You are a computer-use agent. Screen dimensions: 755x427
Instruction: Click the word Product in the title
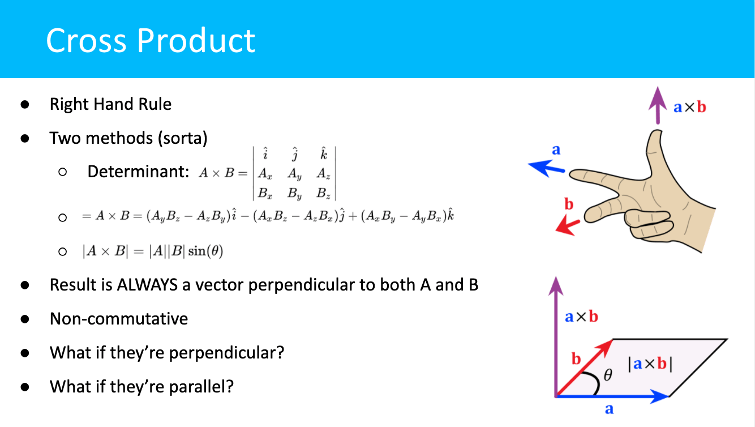(x=196, y=40)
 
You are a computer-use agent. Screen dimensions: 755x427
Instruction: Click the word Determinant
(x=138, y=172)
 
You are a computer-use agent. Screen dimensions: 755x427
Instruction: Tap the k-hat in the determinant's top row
(x=324, y=154)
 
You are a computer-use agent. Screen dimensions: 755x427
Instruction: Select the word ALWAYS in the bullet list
(x=147, y=285)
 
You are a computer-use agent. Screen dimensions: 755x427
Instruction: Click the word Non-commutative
(x=119, y=319)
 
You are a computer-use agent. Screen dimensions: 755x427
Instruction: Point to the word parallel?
(x=201, y=387)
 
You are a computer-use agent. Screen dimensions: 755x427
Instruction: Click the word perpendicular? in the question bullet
(x=226, y=353)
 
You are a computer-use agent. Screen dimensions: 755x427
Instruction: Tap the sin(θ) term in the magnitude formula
(x=205, y=251)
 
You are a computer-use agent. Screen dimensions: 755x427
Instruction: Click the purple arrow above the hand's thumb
(x=658, y=105)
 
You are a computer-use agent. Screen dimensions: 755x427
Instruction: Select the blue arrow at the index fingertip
(x=546, y=168)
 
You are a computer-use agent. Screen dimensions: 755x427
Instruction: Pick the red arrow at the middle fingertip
(x=568, y=226)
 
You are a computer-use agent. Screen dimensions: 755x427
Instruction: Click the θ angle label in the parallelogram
(x=608, y=375)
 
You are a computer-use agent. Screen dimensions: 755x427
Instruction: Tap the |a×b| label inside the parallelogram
(x=650, y=364)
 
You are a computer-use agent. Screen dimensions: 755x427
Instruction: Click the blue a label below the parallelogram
(x=609, y=409)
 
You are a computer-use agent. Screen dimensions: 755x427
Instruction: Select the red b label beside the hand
(x=569, y=204)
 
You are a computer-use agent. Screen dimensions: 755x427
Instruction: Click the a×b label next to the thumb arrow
(x=689, y=108)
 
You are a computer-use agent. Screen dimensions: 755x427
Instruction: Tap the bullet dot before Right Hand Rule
(x=24, y=104)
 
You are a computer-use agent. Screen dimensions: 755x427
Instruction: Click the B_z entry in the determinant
(x=323, y=193)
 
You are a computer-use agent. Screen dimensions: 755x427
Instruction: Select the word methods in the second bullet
(x=119, y=138)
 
